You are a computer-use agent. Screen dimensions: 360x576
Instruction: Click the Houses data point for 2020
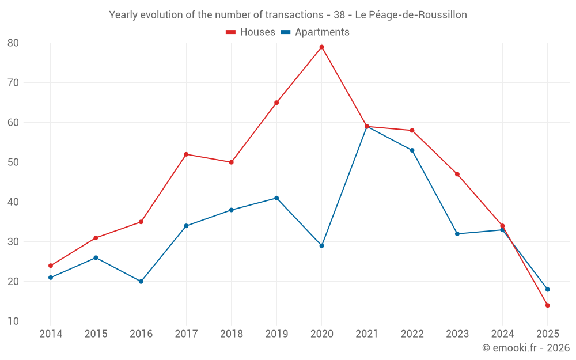coord(322,47)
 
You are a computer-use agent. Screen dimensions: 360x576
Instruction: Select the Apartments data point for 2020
coord(322,246)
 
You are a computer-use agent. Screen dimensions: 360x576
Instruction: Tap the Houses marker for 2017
coord(186,154)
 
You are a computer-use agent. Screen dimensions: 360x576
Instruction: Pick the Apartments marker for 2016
coord(141,282)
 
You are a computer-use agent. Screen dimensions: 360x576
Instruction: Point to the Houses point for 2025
coord(548,305)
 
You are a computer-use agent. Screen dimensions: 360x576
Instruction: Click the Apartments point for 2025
coord(548,290)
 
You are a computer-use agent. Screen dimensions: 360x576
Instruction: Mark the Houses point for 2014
coord(51,266)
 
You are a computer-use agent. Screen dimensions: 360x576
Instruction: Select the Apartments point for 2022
coord(412,150)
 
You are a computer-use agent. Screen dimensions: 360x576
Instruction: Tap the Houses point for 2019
coord(276,103)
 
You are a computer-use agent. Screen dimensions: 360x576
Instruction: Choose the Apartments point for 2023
coord(457,234)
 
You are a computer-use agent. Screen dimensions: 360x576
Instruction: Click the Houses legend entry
coord(251,32)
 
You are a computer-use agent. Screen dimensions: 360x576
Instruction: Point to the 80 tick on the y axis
coord(13,43)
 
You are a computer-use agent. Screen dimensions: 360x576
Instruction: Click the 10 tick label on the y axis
coord(13,321)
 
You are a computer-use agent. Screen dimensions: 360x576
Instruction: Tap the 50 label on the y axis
coord(13,162)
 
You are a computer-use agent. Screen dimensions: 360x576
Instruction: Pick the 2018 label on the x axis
coord(231,334)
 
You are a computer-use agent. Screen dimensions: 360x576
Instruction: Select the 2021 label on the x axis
coord(367,334)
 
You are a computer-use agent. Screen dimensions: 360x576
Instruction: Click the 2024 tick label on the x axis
coord(502,334)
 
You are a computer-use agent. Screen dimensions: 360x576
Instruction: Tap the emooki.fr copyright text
coord(526,348)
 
